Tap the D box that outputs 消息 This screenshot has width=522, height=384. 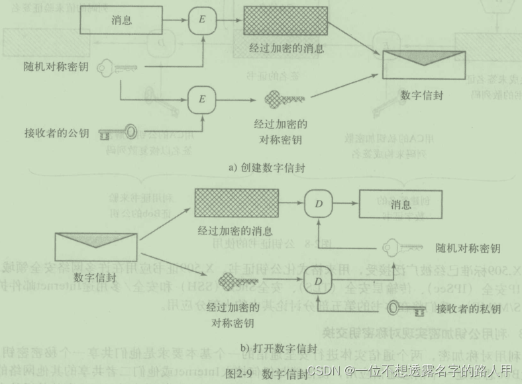[318, 204]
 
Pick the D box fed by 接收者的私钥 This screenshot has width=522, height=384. [318, 281]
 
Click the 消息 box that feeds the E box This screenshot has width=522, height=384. [123, 21]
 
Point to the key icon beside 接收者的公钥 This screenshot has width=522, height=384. [117, 133]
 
